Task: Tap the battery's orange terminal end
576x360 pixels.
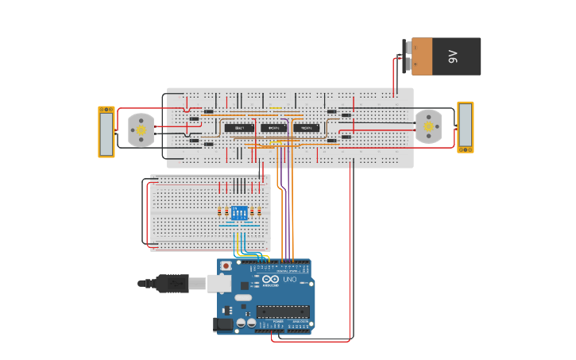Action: pos(421,56)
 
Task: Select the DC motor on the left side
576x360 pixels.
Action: pos(141,130)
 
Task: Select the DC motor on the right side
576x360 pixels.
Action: pos(428,126)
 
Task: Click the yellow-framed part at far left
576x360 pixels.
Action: pos(106,132)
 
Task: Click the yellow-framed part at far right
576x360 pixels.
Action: pos(465,127)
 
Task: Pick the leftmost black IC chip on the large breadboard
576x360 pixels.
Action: pos(238,128)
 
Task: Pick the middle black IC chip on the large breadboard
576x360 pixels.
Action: pos(274,128)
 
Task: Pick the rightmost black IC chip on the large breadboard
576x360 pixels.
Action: pos(307,128)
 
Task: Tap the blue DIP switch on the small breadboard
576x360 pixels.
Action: pos(239,212)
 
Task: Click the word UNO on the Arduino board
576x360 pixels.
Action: pos(289,280)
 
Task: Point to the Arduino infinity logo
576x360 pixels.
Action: pos(271,280)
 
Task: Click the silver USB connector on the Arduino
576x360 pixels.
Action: pos(220,283)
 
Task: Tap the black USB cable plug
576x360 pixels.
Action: pos(172,283)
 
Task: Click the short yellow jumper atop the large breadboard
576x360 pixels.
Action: pos(275,109)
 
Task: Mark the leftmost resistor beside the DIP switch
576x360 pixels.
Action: pos(220,211)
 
